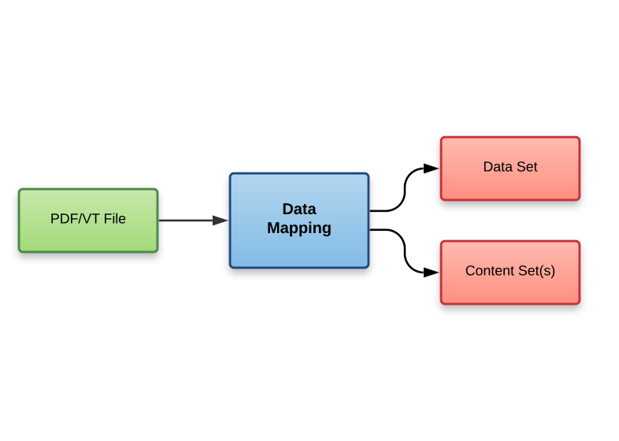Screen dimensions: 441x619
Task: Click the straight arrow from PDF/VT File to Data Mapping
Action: coord(186,220)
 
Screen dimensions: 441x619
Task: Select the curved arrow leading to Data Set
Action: coord(404,189)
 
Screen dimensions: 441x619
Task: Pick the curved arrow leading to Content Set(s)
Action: coord(404,252)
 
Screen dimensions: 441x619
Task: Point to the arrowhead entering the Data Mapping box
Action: coord(220,220)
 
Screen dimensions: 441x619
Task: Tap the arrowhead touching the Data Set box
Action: coord(431,168)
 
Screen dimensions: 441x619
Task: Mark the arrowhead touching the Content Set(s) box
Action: coord(431,272)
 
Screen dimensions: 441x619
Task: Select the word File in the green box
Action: coord(113,219)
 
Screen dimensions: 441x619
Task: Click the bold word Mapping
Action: coord(299,228)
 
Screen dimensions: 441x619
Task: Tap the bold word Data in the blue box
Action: coord(299,209)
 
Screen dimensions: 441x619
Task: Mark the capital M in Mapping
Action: coord(273,228)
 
